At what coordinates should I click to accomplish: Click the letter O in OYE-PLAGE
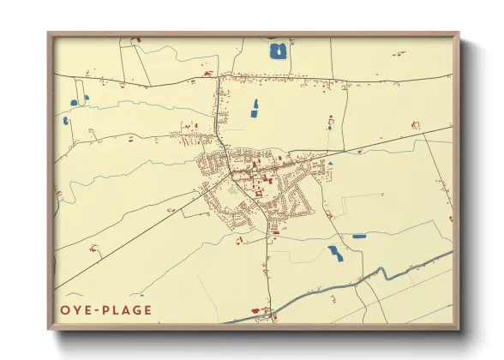pyautogui.click(x=64, y=310)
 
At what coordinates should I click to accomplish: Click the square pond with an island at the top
pyautogui.click(x=278, y=51)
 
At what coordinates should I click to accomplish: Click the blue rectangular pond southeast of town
pyautogui.click(x=359, y=236)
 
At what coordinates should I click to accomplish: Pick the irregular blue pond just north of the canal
pyautogui.click(x=334, y=253)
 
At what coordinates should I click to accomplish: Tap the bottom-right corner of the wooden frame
pyautogui.click(x=458, y=329)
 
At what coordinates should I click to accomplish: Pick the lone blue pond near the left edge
pyautogui.click(x=67, y=120)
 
